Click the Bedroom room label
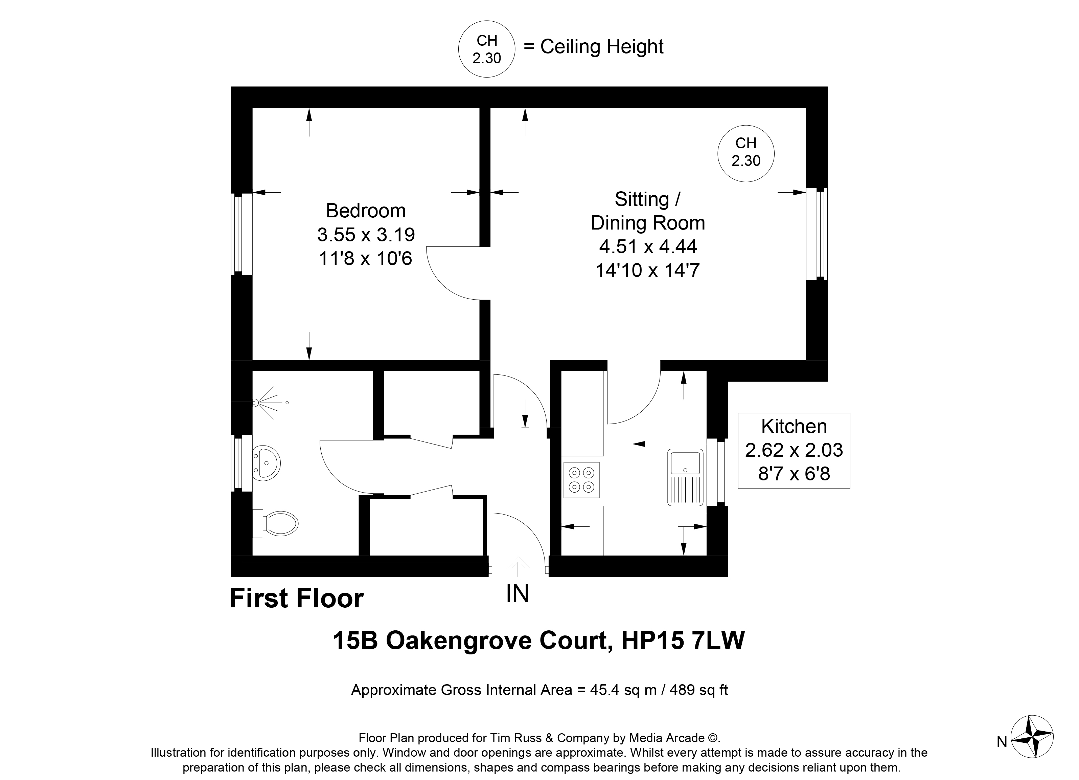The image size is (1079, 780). coord(365,211)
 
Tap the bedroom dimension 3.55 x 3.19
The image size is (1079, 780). coord(365,234)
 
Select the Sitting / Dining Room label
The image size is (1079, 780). coord(647,211)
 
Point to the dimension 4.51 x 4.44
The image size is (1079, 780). coord(647,247)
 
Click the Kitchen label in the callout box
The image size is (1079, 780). coord(794,426)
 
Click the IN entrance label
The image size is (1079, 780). coord(518,593)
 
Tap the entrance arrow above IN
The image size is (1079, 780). coord(518,567)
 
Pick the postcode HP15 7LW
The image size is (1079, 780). coord(683,641)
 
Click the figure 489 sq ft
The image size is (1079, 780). coord(698,690)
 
